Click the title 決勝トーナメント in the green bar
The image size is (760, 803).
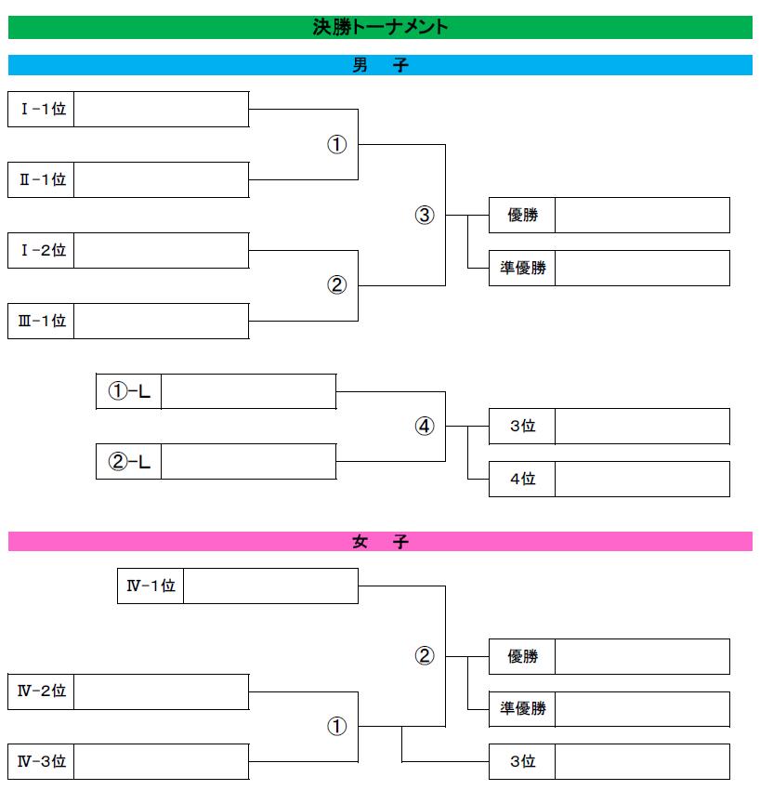(380, 27)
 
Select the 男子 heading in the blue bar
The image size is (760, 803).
(380, 65)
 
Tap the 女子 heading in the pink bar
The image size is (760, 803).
(380, 541)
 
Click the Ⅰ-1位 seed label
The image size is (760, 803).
(43, 109)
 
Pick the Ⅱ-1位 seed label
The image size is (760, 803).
(43, 179)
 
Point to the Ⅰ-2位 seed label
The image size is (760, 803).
(43, 250)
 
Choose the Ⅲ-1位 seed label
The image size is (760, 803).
(42, 321)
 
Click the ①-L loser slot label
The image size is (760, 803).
(129, 391)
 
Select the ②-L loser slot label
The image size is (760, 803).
(129, 461)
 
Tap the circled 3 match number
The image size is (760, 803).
(425, 215)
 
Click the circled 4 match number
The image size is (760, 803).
(425, 426)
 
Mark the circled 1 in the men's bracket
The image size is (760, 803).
(336, 144)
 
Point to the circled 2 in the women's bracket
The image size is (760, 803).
(425, 655)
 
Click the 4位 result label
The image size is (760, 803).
(522, 479)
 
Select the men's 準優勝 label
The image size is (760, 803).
(522, 268)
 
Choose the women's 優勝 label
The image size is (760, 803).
(522, 656)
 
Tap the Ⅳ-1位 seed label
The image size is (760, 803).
(151, 586)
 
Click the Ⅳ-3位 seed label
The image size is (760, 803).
(42, 761)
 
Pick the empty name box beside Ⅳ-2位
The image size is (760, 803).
(162, 691)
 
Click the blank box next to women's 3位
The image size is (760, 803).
(642, 761)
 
